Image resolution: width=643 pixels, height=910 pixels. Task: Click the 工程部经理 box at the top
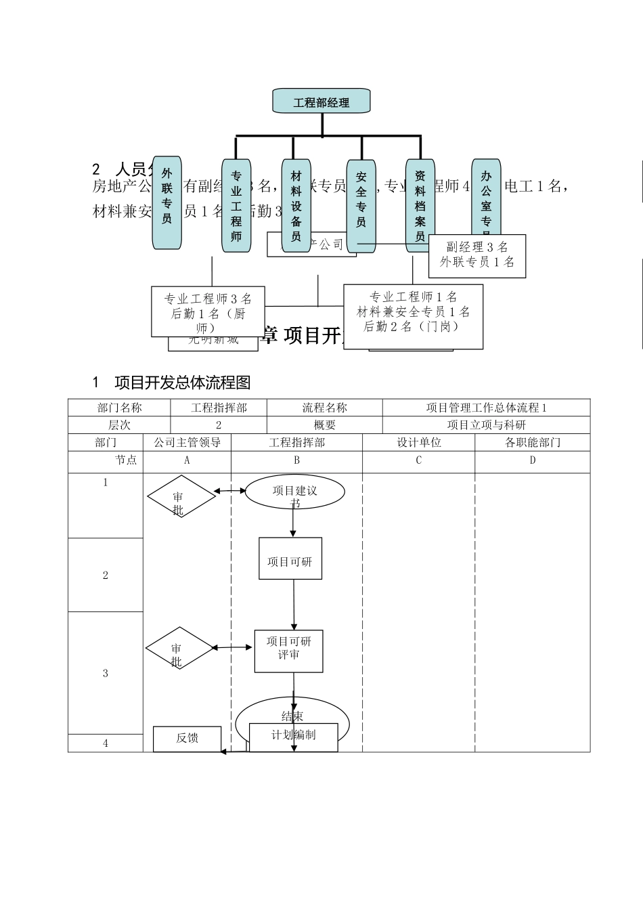[321, 102]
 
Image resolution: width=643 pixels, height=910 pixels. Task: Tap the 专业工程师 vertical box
[236, 206]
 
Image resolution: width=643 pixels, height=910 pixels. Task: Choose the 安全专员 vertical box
[361, 206]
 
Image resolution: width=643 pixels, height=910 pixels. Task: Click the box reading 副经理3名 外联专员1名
[477, 255]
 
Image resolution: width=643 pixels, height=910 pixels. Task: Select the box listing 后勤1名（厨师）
[208, 312]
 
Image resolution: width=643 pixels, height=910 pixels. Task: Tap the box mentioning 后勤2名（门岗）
[413, 316]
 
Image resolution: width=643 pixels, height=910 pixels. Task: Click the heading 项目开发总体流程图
[183, 383]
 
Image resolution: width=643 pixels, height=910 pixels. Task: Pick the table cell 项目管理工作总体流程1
[486, 408]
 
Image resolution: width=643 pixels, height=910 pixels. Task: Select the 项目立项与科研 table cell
[486, 425]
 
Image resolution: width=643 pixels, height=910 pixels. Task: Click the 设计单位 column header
[418, 443]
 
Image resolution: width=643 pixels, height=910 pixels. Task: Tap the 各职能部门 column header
[533, 443]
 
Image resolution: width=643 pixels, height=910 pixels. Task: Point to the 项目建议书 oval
[294, 492]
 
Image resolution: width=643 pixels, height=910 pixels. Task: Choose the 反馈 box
[187, 739]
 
